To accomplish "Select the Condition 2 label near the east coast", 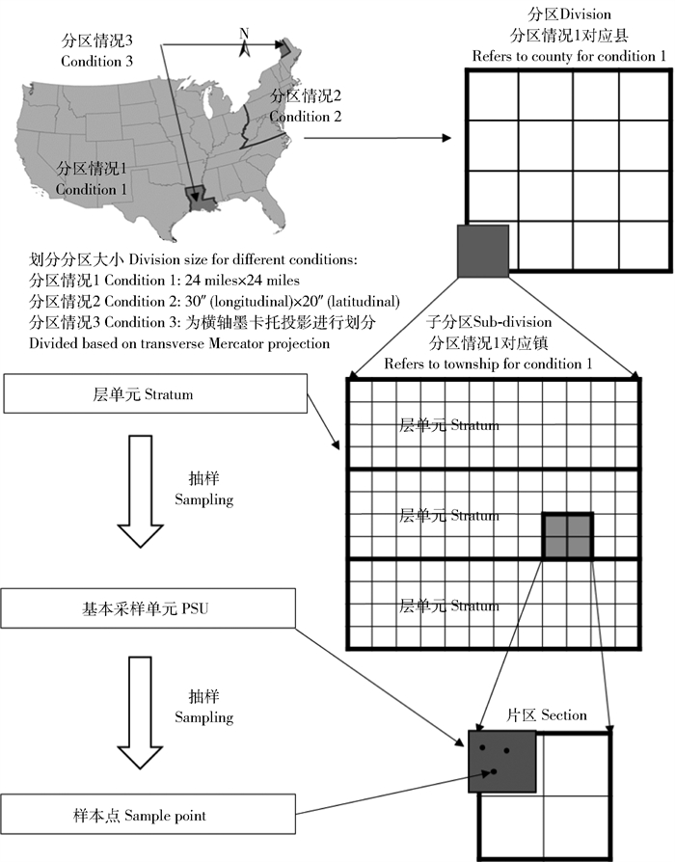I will (x=307, y=106).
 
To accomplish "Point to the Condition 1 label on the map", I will (x=92, y=179).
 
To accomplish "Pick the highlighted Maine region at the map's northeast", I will (x=283, y=45).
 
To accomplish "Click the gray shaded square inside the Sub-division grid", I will (x=566, y=535).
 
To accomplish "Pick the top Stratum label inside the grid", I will (x=448, y=425).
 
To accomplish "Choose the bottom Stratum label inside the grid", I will (x=448, y=606).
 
